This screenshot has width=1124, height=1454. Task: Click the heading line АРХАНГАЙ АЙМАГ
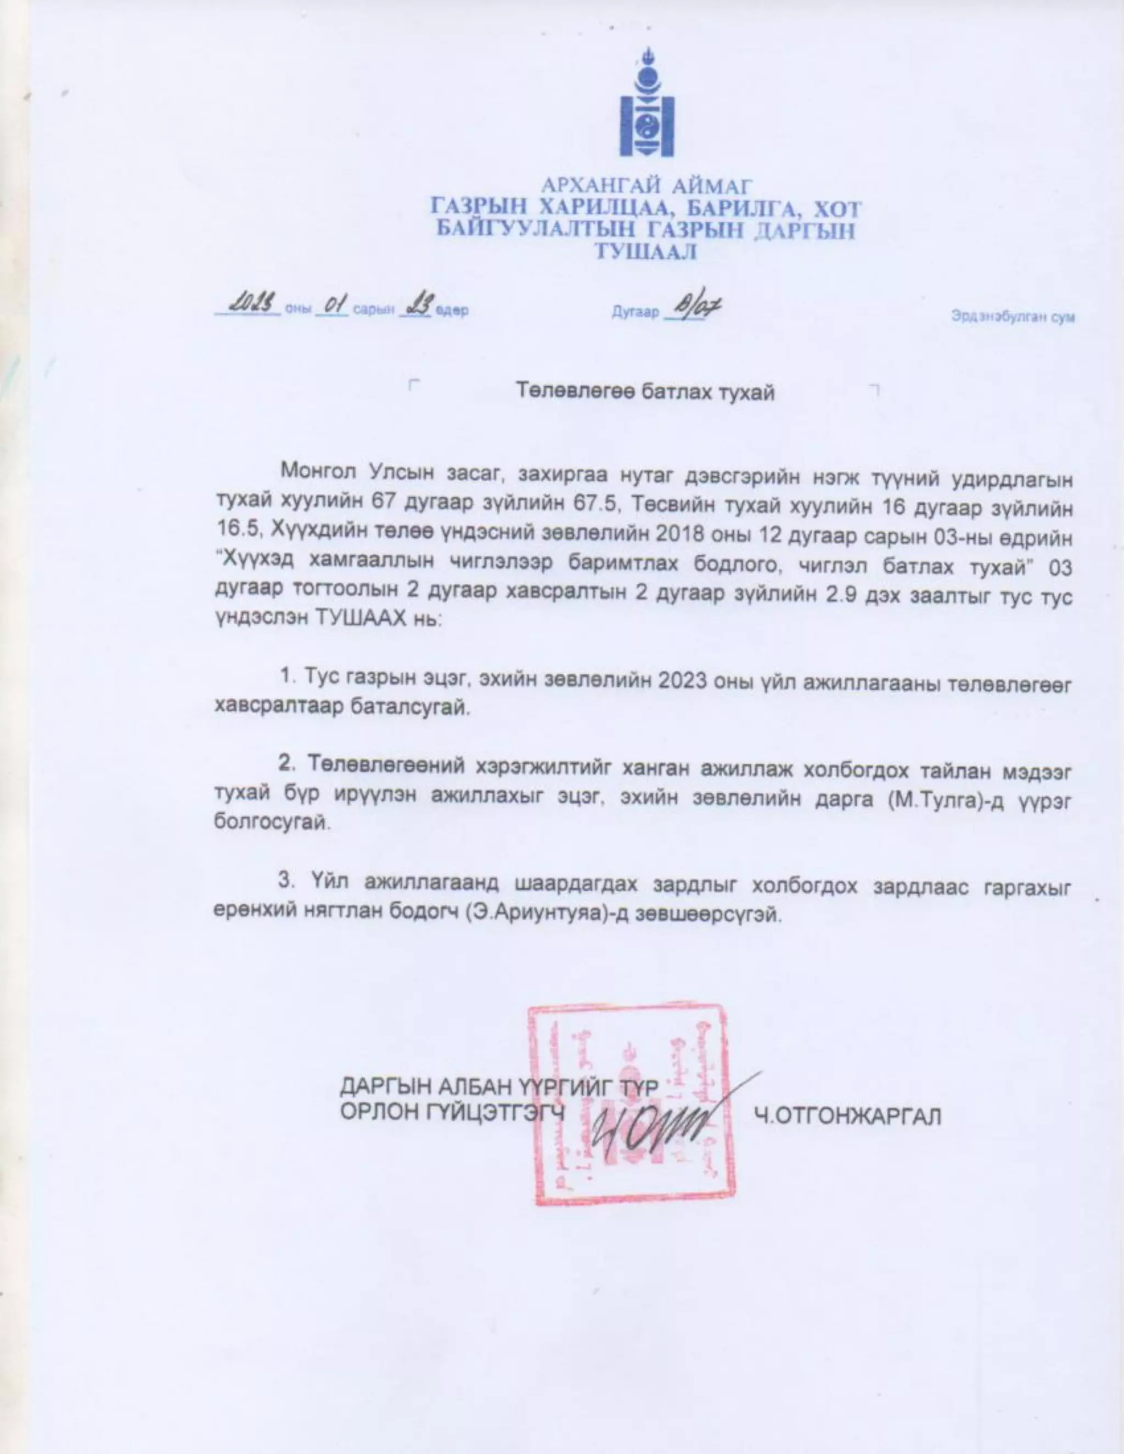click(646, 185)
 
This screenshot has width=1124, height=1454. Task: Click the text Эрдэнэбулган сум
click(1012, 317)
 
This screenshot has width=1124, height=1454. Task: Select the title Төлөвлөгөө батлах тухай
click(645, 392)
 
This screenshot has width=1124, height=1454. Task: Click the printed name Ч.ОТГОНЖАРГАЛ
click(847, 1116)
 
